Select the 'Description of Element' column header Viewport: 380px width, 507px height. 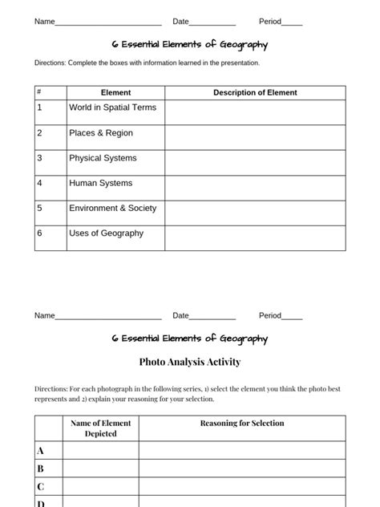click(255, 92)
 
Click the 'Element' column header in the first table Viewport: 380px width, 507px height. click(115, 92)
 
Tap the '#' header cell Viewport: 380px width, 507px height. click(39, 92)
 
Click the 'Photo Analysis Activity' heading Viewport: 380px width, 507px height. click(190, 362)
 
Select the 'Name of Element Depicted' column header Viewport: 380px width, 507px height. click(101, 428)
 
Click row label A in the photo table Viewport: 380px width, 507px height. click(41, 451)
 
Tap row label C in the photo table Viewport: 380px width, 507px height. click(41, 486)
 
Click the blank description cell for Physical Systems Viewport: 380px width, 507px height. click(255, 163)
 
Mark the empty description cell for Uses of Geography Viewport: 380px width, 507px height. click(255, 238)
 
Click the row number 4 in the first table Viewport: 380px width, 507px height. click(39, 184)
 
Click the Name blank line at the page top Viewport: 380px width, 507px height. click(108, 22)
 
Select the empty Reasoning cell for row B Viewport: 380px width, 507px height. click(242, 468)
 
